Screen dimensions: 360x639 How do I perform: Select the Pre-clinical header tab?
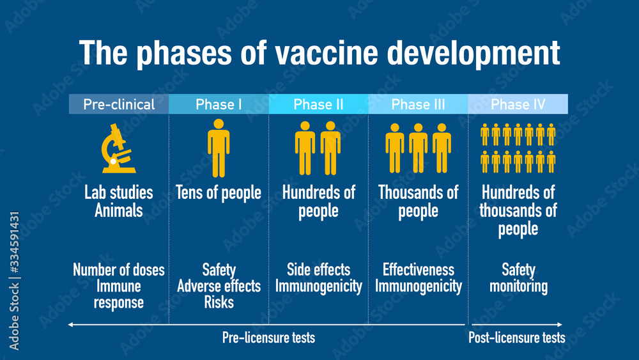pos(119,104)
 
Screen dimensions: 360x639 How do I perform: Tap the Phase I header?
pos(219,104)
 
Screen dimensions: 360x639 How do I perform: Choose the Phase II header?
pos(318,104)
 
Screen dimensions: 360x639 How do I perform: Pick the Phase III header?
pos(418,104)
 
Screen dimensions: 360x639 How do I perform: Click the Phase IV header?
pos(518,104)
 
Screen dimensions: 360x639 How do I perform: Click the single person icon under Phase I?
pos(219,148)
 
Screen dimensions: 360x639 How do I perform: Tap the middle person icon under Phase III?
pos(418,148)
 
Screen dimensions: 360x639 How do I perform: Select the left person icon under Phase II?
pos(305,148)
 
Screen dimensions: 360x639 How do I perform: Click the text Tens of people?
pos(219,192)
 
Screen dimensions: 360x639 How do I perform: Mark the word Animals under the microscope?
pos(119,210)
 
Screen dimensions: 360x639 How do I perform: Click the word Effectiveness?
pos(418,270)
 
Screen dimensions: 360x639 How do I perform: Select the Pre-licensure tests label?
pos(268,338)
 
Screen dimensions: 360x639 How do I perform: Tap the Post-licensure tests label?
pos(517,338)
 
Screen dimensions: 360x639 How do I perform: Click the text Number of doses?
pos(119,270)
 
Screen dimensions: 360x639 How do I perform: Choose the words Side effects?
pos(318,270)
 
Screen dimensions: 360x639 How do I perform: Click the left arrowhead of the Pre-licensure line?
pos(70,325)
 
